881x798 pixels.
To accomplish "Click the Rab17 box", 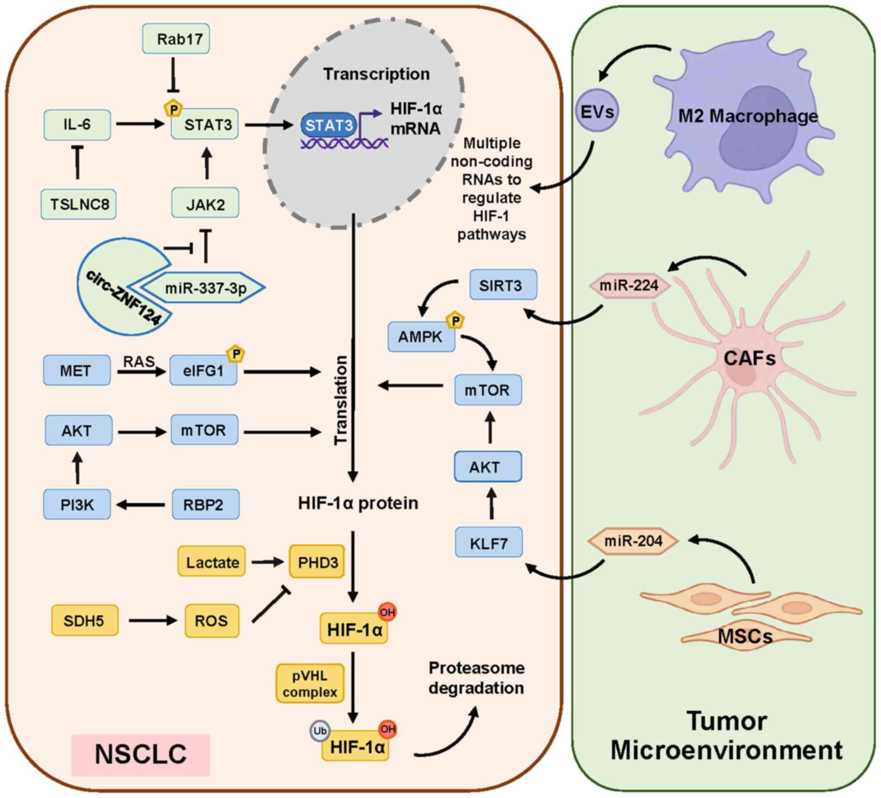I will [x=176, y=39].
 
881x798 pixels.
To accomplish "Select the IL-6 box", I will [x=77, y=125].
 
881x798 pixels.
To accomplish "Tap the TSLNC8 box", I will [x=79, y=204].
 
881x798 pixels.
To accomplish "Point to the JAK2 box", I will [x=205, y=204].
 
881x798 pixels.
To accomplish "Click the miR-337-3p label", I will [x=205, y=288].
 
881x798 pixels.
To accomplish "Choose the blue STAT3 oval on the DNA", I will [x=329, y=126].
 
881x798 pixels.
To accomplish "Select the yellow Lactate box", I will [x=212, y=562].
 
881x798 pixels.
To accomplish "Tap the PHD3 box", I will [x=317, y=562].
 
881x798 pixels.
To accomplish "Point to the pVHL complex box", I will [x=310, y=684].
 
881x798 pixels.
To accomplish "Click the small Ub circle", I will [x=319, y=731].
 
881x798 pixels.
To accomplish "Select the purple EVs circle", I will [x=597, y=112].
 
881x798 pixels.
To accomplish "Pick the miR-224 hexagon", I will [x=629, y=286].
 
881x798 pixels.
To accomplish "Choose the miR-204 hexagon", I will [x=633, y=541].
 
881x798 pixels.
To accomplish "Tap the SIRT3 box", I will [x=503, y=285].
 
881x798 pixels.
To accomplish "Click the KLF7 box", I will [x=488, y=543].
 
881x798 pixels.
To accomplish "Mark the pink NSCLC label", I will [x=141, y=755].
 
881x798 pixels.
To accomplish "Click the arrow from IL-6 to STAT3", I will [x=140, y=124].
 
